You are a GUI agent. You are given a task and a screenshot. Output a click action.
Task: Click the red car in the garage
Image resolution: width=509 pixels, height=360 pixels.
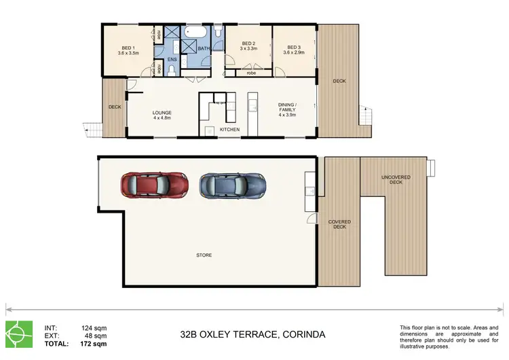point(154,183)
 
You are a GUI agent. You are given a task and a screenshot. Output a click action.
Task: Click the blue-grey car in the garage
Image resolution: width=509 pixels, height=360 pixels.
point(232,183)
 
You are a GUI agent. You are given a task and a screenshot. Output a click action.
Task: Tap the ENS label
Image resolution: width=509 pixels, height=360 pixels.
point(172,60)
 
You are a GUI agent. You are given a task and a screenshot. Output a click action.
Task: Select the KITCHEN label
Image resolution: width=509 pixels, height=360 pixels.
point(229,129)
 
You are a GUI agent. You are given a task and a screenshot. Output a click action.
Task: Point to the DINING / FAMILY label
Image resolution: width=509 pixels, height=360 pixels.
point(287,109)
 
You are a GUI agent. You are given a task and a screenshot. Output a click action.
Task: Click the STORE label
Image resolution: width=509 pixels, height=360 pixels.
point(204,255)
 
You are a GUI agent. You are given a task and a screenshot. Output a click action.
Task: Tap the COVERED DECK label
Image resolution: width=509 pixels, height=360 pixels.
point(339,224)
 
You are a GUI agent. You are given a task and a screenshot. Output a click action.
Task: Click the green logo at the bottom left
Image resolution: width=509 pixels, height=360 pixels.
point(19,334)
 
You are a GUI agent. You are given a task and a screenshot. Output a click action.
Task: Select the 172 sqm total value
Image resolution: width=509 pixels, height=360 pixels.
point(94,344)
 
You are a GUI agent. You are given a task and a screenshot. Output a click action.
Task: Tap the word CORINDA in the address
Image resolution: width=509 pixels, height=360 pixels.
point(298,335)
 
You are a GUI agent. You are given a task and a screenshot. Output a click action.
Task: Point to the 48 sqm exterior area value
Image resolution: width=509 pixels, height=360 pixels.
point(96,336)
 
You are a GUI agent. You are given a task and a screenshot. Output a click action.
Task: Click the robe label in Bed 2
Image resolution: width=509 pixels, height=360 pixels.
point(251,72)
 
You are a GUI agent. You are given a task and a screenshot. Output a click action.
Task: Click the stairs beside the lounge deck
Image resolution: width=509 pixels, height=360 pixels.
point(92,128)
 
